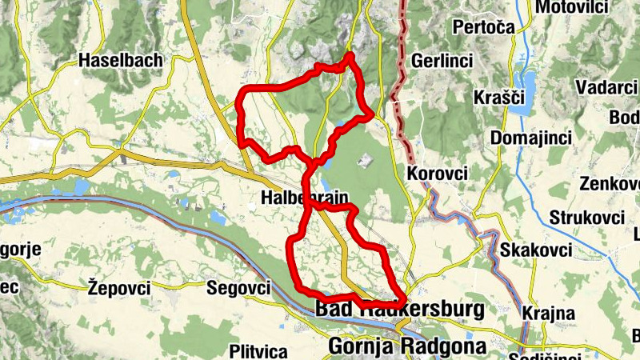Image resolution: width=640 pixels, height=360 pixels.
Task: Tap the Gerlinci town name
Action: (x=442, y=61)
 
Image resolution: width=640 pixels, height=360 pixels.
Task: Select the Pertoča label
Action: (x=482, y=27)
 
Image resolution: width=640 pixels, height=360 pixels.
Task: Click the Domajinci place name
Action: (x=531, y=138)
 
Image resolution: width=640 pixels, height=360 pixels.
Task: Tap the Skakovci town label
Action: (x=536, y=250)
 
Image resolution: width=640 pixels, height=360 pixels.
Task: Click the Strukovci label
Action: (x=586, y=218)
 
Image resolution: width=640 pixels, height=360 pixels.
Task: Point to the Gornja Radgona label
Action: (x=407, y=347)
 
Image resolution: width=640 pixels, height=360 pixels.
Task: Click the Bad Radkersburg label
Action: (x=400, y=309)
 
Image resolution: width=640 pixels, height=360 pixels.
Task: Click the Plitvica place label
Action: (x=258, y=350)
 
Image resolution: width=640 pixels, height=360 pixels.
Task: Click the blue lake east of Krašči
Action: (x=528, y=82)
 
